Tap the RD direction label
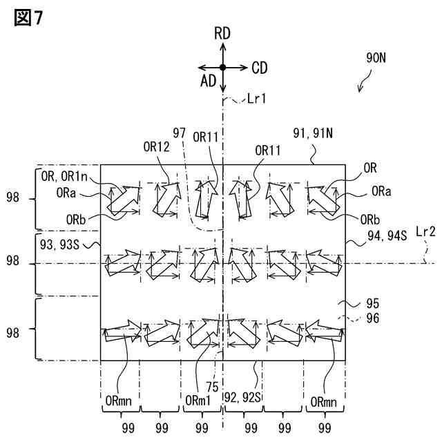[x=223, y=32]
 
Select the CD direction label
[x=260, y=68]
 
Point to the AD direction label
[x=208, y=81]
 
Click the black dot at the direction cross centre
[x=223, y=67]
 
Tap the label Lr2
[x=426, y=252]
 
